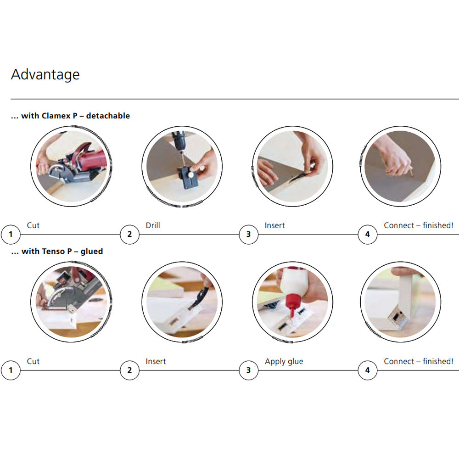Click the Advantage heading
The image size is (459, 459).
coord(45,75)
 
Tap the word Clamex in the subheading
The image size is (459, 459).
coord(56,116)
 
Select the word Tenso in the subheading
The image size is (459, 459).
coord(53,251)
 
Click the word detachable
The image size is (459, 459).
coord(108,116)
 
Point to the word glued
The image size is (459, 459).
coord(92,252)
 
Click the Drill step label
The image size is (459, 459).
coord(153,225)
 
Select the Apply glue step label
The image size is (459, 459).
coord(284,362)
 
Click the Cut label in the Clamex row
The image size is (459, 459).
coord(33,225)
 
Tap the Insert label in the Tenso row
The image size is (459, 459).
coord(156,361)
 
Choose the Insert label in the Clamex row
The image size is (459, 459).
coord(274,225)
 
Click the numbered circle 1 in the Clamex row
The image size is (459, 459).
coord(11,234)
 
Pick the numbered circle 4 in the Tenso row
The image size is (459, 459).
coord(367,370)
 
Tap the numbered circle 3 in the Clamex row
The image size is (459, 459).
coord(248,234)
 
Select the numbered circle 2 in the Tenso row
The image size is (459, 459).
coord(130,370)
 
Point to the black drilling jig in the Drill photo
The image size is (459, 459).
coord(188,178)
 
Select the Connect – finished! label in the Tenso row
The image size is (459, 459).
coord(419,361)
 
